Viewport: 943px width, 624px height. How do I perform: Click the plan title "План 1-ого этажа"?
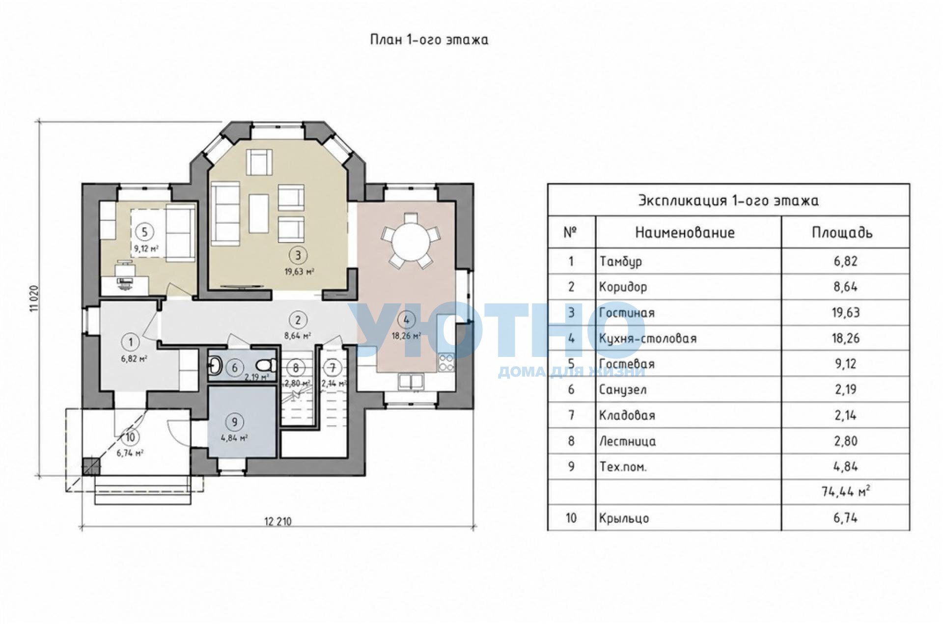[x=429, y=40]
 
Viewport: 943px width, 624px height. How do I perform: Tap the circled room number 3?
[x=298, y=255]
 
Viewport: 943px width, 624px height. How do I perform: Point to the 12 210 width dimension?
[x=278, y=521]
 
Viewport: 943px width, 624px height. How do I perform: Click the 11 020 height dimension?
[x=34, y=298]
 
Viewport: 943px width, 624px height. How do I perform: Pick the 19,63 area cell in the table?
[x=845, y=313]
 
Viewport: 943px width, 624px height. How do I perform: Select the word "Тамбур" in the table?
[x=620, y=261]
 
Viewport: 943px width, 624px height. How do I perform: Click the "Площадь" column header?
[x=842, y=232]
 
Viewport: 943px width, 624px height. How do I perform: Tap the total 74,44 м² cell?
[x=845, y=491]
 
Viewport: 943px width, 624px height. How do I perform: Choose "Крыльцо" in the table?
[x=624, y=518]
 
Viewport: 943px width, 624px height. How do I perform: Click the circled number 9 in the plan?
[x=234, y=422]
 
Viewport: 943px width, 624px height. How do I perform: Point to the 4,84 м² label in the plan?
[x=234, y=438]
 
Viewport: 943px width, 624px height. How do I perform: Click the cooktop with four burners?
[x=446, y=363]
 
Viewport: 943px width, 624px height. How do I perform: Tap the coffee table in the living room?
[x=258, y=214]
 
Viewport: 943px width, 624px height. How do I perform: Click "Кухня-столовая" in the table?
[x=648, y=338]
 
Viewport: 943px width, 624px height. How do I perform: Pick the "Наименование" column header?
[x=685, y=232]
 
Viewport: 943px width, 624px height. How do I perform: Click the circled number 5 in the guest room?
[x=144, y=232]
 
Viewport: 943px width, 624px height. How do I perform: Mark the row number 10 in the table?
[x=571, y=518]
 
